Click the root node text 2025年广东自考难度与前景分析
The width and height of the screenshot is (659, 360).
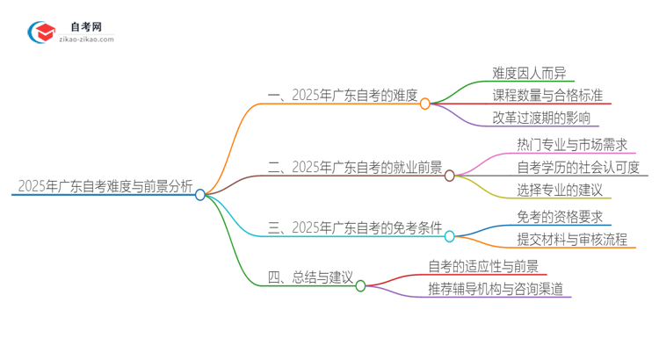104,186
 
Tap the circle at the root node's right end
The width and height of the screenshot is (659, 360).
200,195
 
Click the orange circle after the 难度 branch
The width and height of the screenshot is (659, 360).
425,104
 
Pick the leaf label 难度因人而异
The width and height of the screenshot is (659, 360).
530,73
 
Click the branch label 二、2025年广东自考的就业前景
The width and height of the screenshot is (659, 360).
353,167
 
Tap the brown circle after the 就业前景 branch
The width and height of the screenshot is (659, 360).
450,176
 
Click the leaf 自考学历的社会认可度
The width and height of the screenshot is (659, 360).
573,166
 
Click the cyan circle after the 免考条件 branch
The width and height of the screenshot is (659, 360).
450,236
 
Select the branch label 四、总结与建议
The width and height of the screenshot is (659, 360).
309,278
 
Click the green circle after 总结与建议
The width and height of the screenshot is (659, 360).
360,285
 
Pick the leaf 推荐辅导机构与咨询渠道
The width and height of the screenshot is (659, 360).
496,287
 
